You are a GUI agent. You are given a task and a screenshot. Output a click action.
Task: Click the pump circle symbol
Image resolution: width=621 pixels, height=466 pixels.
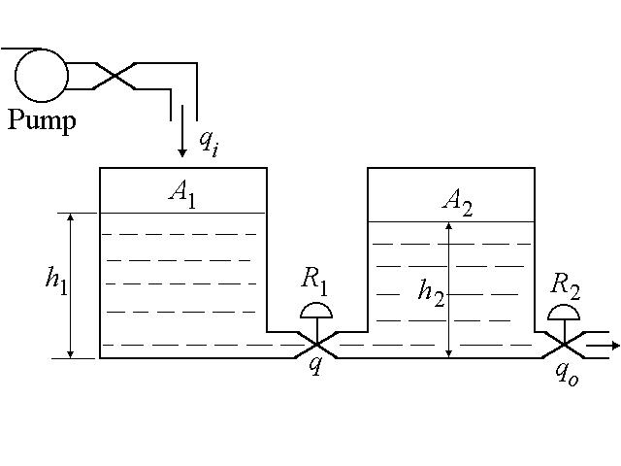coord(42,74)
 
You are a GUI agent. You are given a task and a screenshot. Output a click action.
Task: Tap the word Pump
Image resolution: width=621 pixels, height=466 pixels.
coord(42,121)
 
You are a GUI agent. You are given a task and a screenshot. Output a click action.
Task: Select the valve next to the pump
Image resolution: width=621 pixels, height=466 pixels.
coord(114,75)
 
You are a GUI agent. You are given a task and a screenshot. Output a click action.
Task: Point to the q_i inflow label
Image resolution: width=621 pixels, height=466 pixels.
coord(208,142)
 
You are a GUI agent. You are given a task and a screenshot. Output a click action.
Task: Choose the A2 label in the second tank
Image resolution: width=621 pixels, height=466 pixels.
coord(456,202)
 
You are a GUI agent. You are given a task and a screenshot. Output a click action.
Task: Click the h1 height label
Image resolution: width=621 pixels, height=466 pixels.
coord(55,279)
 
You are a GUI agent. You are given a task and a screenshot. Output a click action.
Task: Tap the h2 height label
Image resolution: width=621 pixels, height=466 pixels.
coord(431,290)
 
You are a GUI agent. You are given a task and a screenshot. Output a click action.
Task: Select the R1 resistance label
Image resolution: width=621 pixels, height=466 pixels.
coord(313,280)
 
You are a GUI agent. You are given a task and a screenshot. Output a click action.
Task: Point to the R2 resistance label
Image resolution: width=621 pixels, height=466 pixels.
coord(565,285)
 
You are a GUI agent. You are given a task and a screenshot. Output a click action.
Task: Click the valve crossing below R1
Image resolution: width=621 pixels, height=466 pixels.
coord(315,345)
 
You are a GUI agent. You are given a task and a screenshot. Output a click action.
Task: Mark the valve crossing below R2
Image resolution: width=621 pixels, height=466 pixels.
coord(565,345)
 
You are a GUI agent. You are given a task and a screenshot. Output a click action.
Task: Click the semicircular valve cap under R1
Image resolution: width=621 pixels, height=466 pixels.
coord(315,311)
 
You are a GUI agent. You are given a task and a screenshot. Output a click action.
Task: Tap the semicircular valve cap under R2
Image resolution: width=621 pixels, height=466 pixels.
coord(565,314)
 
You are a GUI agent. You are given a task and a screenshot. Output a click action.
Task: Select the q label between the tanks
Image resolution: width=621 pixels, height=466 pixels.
coord(314,365)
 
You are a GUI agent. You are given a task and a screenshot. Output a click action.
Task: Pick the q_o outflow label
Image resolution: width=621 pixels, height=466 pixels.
coord(567,374)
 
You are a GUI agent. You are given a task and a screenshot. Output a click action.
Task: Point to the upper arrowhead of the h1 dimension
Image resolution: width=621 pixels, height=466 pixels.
coord(71,218)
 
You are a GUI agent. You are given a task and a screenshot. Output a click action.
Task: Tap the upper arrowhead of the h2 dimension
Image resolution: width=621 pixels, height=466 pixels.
coord(448,227)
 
